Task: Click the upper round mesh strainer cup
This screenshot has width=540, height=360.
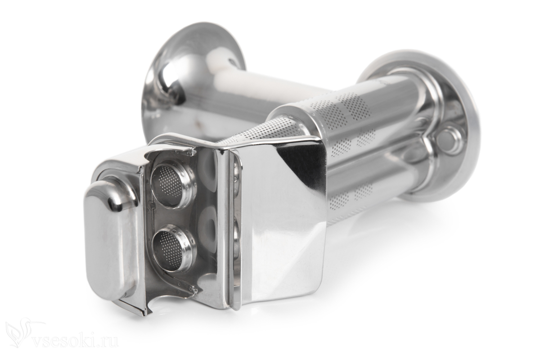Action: tap(173, 184)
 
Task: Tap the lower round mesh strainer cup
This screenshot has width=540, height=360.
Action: tap(174, 249)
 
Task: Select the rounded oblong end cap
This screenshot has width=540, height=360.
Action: tap(110, 241)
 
